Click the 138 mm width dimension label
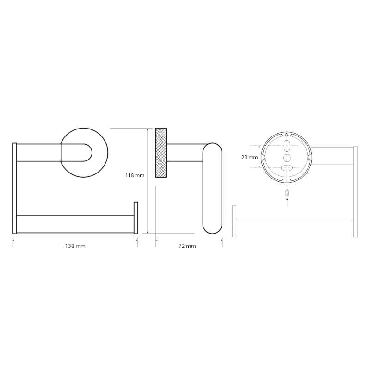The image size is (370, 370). point(75,246)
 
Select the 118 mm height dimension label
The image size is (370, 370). point(135,175)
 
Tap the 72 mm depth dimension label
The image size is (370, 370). point(187,246)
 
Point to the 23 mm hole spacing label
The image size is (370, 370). point(249,157)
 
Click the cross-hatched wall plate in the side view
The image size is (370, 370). point(161,153)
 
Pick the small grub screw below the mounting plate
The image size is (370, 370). point(287,192)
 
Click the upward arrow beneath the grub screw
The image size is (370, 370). point(287,203)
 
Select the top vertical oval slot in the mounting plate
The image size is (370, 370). point(287,146)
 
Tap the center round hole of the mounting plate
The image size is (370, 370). point(287,158)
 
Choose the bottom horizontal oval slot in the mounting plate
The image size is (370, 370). point(287,168)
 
